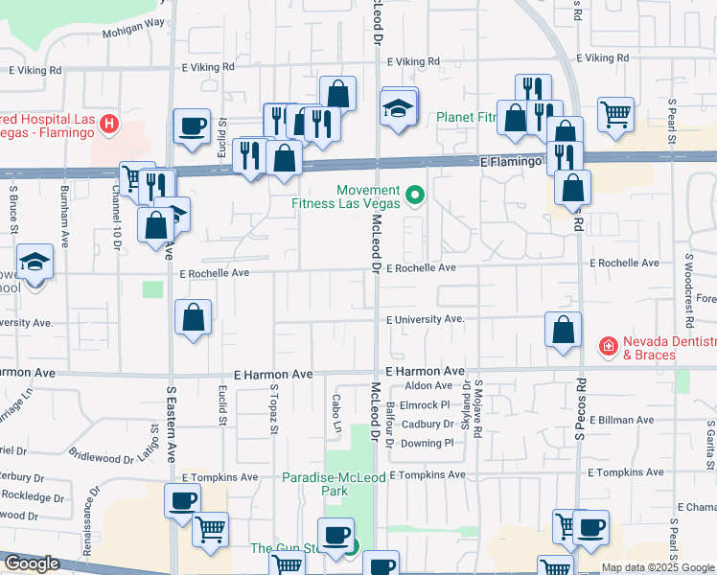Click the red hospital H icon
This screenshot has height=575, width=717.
pyautogui.click(x=110, y=124)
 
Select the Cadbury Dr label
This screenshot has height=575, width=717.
pyautogui.click(x=427, y=424)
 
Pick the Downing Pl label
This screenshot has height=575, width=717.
pyautogui.click(x=427, y=443)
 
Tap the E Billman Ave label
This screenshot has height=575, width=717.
pyautogui.click(x=623, y=420)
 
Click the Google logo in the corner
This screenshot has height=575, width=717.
pyautogui.click(x=32, y=563)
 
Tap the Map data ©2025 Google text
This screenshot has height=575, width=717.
pyautogui.click(x=658, y=567)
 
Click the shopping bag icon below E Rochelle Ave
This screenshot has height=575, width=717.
pyautogui.click(x=194, y=318)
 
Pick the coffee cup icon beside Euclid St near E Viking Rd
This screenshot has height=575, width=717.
pyautogui.click(x=192, y=126)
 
